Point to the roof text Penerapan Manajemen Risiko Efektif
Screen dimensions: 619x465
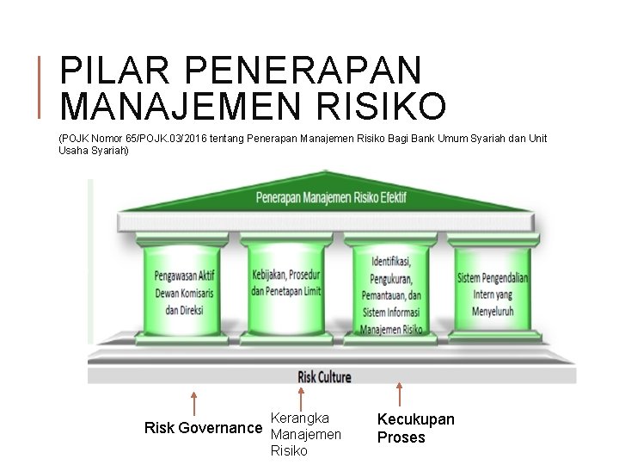331,197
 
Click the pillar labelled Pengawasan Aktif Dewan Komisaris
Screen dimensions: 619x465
184,293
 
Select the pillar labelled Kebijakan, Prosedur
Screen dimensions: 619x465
286,284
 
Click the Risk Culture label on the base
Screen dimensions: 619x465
324,376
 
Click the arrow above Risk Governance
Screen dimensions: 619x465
195,403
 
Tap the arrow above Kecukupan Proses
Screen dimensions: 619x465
398,394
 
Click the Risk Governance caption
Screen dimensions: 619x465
203,428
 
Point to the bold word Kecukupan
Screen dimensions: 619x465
416,419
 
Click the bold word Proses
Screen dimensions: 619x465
401,437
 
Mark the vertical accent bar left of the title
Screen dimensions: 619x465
43,85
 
